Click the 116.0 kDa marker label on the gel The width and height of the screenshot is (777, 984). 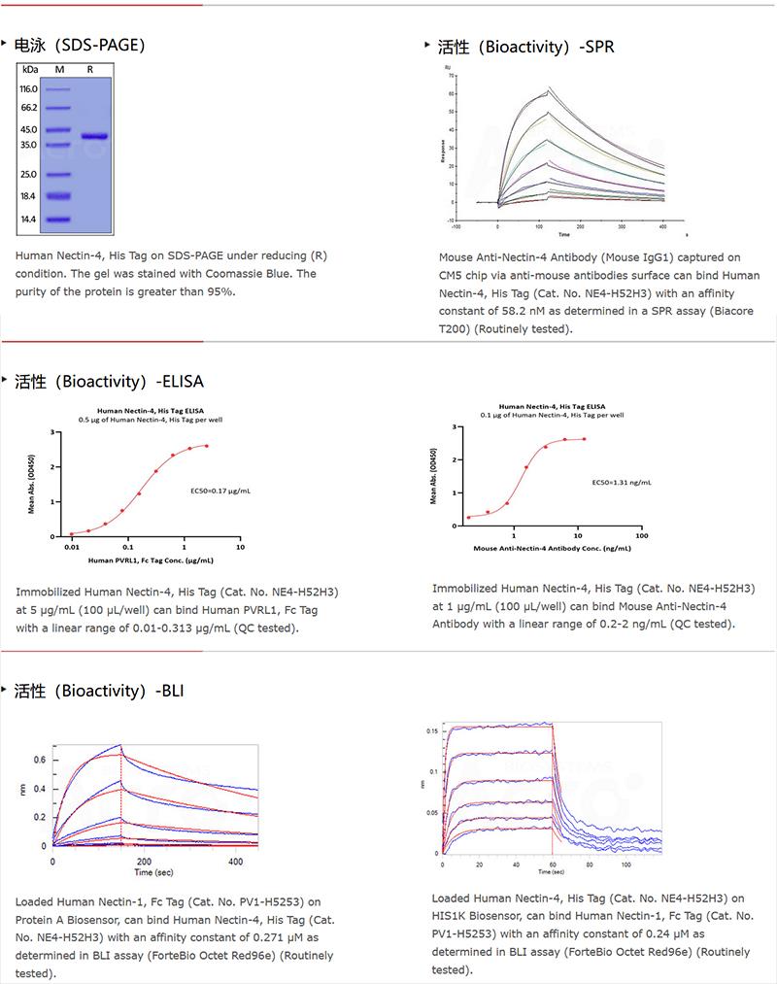click(28, 88)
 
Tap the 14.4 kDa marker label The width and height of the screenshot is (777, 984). click(28, 220)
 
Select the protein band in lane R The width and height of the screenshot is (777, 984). click(94, 136)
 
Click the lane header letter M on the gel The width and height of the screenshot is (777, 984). click(58, 70)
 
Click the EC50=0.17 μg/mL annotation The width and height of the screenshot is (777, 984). click(220, 492)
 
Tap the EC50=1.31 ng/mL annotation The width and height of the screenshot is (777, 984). click(622, 482)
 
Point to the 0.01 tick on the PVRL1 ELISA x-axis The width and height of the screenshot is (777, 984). click(72, 548)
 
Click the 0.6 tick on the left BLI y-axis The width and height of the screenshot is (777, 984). click(40, 759)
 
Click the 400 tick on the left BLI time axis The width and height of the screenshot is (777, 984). click(234, 861)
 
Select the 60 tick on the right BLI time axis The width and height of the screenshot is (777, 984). click(552, 863)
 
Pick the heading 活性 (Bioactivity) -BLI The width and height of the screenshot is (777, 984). click(98, 691)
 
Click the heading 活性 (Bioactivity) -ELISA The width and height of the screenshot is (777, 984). click(109, 381)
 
